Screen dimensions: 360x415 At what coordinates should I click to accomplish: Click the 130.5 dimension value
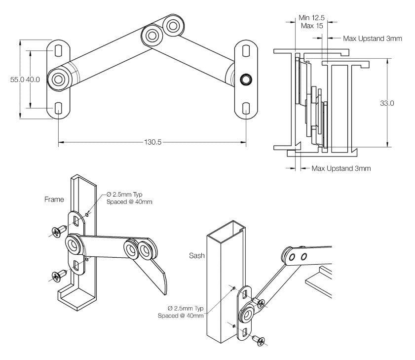point(152,142)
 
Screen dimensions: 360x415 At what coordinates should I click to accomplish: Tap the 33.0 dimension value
point(387,103)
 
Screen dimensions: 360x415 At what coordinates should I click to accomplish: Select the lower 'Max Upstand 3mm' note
point(340,168)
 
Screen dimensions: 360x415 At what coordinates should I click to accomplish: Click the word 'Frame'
point(54,200)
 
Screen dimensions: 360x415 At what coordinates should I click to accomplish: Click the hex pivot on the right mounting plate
point(245,80)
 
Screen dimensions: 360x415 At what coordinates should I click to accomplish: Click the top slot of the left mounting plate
point(58,50)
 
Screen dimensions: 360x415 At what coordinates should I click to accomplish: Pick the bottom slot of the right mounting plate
point(246,108)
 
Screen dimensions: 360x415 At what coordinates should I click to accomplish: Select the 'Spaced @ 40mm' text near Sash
point(180,316)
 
